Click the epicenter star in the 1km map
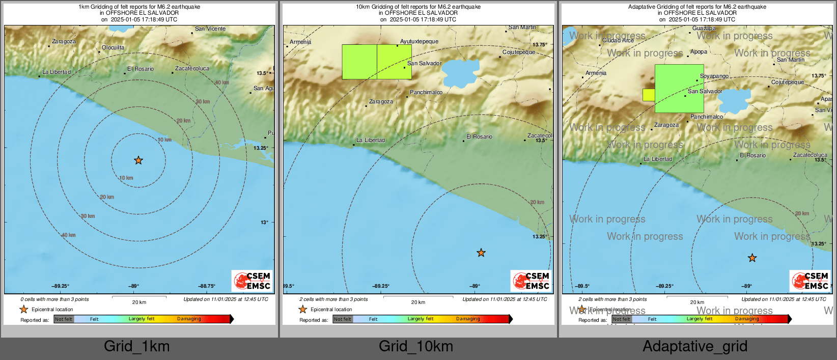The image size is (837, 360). [x=138, y=160]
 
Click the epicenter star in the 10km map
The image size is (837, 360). [x=481, y=253]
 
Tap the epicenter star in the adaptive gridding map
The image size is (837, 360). [x=752, y=258]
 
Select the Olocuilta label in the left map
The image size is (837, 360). [x=113, y=48]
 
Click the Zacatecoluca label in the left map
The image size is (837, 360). [x=192, y=68]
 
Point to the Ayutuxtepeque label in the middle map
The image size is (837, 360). [x=419, y=42]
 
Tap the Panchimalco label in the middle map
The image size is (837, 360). [x=426, y=93]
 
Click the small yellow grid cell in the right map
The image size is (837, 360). [x=649, y=95]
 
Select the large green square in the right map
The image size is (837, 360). [x=679, y=89]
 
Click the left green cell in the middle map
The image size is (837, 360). [x=359, y=62]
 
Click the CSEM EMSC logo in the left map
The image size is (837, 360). [x=253, y=281]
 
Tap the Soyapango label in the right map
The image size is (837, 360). [x=714, y=76]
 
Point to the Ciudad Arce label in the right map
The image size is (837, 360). [x=618, y=41]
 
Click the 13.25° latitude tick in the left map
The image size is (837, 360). [x=261, y=148]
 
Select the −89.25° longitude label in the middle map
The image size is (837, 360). [x=381, y=286]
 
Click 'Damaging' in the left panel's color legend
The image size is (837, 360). [x=189, y=319]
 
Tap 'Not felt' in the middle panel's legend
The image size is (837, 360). [x=343, y=319]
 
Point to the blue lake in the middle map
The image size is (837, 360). [x=460, y=74]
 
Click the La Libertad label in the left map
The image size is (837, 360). [x=57, y=72]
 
